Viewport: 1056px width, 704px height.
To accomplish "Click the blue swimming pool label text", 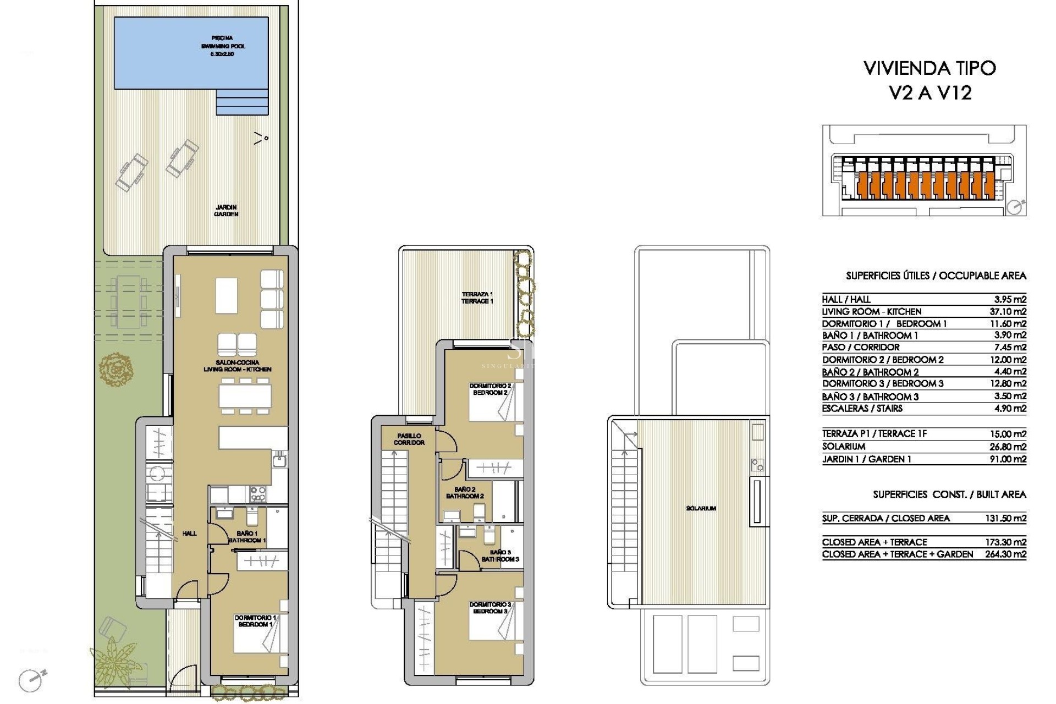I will pyautogui.click(x=222, y=46).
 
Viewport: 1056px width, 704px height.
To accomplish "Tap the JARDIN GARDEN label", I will pyautogui.click(x=226, y=211).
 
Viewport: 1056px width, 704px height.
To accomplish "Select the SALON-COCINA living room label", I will pyautogui.click(x=238, y=366).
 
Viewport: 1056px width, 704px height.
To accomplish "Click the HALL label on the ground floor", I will pyautogui.click(x=189, y=533).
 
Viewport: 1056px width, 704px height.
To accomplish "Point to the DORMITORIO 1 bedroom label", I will pyautogui.click(x=255, y=621).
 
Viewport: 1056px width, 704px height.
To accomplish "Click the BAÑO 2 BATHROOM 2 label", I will pyautogui.click(x=465, y=493).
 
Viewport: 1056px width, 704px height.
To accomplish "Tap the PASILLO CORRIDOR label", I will pyautogui.click(x=409, y=439).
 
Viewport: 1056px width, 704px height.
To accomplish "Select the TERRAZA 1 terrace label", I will pyautogui.click(x=477, y=298).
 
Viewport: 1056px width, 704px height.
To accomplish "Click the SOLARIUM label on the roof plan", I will pyautogui.click(x=701, y=508).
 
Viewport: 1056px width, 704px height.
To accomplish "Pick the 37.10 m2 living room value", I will pyautogui.click(x=1008, y=311).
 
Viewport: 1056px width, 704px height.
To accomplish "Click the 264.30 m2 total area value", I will pyautogui.click(x=1005, y=554).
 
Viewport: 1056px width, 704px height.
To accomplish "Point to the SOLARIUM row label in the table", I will pyautogui.click(x=844, y=447).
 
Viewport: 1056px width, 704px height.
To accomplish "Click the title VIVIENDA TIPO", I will pyautogui.click(x=930, y=68).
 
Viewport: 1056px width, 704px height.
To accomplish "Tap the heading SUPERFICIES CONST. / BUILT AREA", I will pyautogui.click(x=949, y=494).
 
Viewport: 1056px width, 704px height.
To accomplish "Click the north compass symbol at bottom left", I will pyautogui.click(x=31, y=680).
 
